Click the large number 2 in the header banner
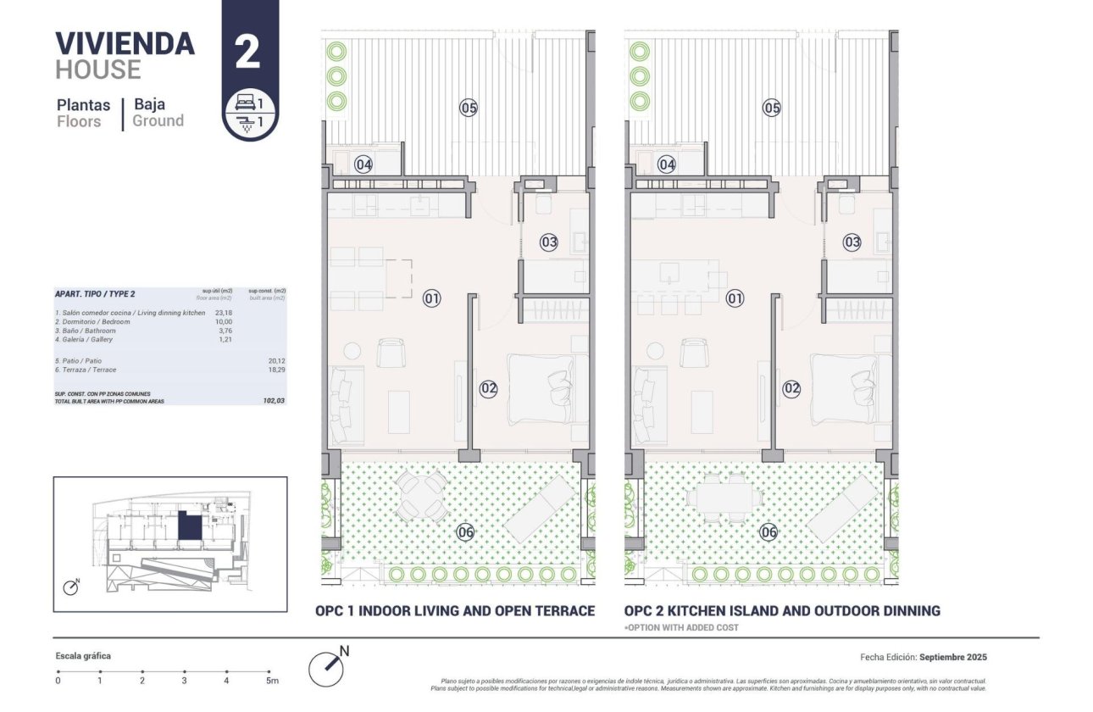pos(247,52)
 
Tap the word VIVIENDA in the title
pos(125,43)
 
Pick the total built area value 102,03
pos(274,400)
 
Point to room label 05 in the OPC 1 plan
pos(469,108)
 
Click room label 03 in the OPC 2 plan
pos(852,242)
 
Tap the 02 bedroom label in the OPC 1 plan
pos(488,389)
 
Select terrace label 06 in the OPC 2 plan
pos(768,532)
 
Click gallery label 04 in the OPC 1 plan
pos(363,164)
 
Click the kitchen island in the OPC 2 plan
pos(679,274)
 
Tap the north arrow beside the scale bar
pos(329,667)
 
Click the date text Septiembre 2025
pos(952,657)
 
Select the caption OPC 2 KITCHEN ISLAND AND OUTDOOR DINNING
pos(782,610)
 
